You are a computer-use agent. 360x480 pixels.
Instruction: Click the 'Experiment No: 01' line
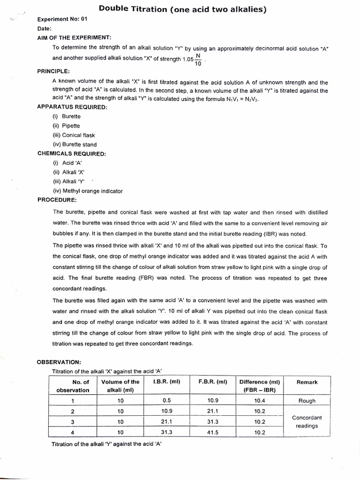coord(62,19)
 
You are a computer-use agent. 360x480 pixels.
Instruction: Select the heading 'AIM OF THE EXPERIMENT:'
coord(74,37)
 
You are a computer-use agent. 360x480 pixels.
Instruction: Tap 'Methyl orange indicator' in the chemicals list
coord(88,191)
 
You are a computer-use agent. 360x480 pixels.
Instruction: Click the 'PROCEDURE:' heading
coord(56,200)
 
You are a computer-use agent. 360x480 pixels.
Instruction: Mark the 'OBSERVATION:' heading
coord(59,362)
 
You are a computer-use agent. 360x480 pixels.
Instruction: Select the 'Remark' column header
coord(307,382)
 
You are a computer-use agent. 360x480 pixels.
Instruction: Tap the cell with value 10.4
coord(260,401)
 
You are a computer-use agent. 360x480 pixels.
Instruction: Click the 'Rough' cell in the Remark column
coord(307,401)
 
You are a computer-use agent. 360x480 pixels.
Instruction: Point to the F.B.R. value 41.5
coord(213,432)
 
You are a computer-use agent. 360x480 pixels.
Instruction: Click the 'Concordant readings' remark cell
coord(307,421)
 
